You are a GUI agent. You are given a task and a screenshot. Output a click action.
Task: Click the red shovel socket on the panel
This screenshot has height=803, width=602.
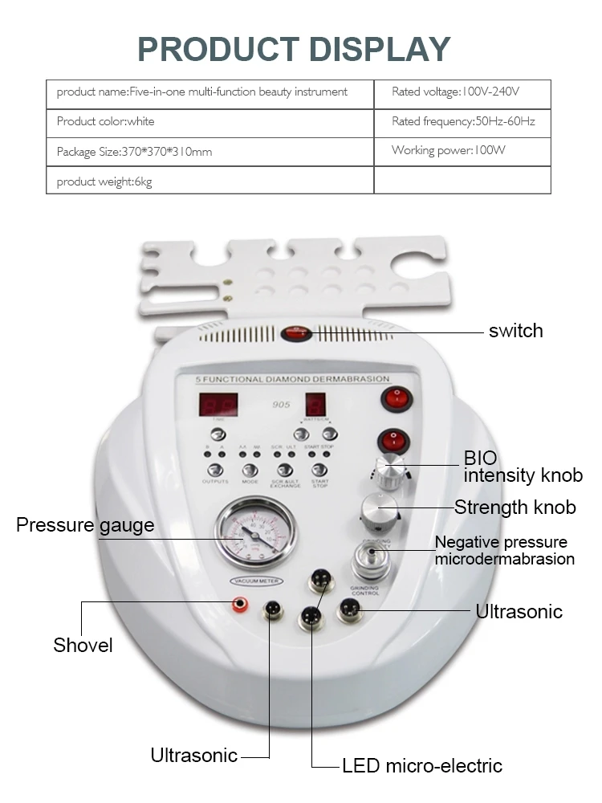point(238,603)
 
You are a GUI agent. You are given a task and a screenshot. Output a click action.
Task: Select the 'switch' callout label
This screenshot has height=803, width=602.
point(515,331)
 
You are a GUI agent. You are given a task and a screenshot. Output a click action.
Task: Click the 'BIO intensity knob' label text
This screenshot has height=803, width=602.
point(522,467)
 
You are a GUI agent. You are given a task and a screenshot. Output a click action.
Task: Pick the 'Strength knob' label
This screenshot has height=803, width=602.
point(515,507)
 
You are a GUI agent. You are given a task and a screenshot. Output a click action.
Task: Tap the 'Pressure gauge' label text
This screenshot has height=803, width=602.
point(84,525)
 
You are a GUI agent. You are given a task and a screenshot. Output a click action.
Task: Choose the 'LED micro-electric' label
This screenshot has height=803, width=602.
point(422,765)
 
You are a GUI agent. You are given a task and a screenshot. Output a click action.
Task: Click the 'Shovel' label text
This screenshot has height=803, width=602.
point(83,645)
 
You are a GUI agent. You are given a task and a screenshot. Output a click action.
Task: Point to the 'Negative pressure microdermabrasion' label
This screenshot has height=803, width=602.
point(504,550)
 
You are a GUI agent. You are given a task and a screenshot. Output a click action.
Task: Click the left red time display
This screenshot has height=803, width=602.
point(218,405)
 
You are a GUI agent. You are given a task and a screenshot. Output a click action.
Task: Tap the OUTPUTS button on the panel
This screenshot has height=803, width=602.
point(214,470)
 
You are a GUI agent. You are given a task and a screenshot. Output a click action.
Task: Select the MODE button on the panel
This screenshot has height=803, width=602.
point(250,470)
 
